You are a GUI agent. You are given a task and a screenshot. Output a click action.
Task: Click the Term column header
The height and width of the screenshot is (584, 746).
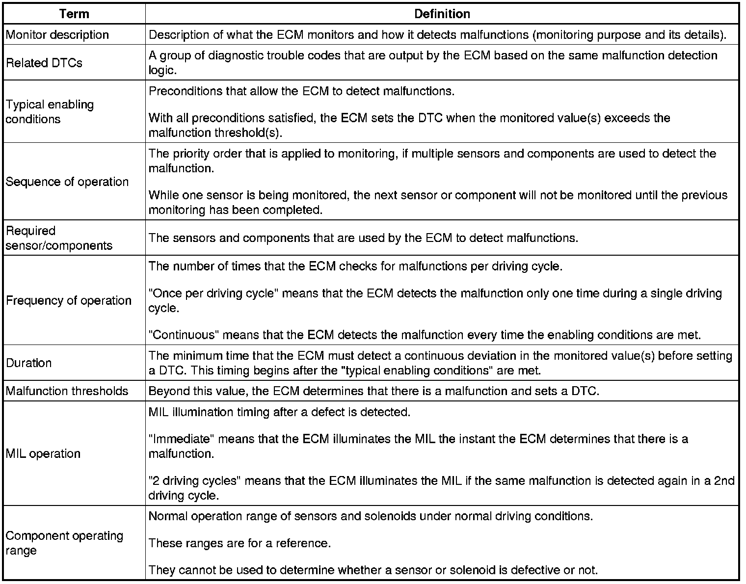(x=74, y=14)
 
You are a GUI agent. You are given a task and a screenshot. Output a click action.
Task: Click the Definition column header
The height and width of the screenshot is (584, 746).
(x=442, y=14)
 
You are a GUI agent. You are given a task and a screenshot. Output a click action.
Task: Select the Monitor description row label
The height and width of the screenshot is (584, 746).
(x=57, y=35)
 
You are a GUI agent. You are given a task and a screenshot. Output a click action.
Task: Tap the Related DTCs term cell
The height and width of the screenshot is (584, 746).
(x=44, y=63)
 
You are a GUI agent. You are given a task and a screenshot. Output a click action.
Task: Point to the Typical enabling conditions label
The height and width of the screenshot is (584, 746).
(x=50, y=112)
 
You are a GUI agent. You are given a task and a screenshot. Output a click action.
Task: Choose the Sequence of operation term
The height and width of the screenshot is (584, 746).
(x=67, y=182)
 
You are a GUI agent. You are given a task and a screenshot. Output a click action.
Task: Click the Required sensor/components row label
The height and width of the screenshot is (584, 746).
(x=59, y=238)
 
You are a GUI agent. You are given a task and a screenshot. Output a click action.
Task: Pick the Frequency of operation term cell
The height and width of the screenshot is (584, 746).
(x=69, y=300)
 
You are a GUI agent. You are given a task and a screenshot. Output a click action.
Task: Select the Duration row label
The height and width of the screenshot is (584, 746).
(x=29, y=363)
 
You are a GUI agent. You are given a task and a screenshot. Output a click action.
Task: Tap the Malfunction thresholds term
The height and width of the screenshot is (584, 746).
(x=67, y=391)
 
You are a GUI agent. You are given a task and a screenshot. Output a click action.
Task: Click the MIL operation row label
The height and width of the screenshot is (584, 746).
(x=43, y=453)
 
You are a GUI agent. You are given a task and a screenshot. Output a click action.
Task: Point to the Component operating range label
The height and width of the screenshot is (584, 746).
(x=64, y=543)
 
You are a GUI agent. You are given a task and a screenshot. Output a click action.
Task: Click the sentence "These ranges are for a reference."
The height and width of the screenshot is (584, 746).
(x=240, y=543)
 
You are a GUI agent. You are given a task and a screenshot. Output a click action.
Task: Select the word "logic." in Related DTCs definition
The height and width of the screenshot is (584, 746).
(x=162, y=70)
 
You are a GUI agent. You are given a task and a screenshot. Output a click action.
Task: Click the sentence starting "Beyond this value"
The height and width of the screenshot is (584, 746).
(x=373, y=391)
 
